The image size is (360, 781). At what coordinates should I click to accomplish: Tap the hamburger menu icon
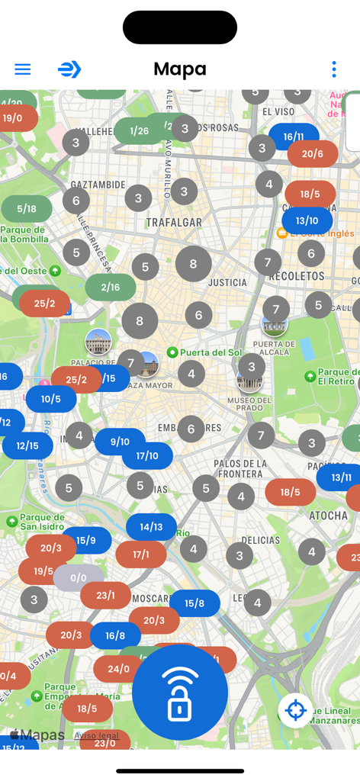pyautogui.click(x=23, y=69)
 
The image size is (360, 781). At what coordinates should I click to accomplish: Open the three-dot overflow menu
pyautogui.click(x=333, y=69)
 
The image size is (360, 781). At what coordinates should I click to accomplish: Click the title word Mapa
pyautogui.click(x=180, y=69)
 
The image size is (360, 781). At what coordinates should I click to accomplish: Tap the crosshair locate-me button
pyautogui.click(x=295, y=710)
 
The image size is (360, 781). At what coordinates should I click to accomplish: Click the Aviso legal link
pyautogui.click(x=97, y=735)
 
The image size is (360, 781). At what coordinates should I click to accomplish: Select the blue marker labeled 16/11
pyautogui.click(x=294, y=137)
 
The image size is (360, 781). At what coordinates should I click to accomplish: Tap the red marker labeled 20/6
pyautogui.click(x=313, y=154)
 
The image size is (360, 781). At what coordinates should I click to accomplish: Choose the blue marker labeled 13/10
pyautogui.click(x=307, y=221)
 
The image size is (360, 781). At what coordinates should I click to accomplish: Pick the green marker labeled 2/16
pyautogui.click(x=111, y=288)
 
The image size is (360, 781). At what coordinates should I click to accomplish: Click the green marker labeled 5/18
pyautogui.click(x=27, y=209)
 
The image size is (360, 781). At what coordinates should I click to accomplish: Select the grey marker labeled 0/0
pyautogui.click(x=79, y=578)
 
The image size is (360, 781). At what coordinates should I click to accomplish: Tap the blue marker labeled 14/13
pyautogui.click(x=151, y=527)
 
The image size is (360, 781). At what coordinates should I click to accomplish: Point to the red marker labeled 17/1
pyautogui.click(x=141, y=554)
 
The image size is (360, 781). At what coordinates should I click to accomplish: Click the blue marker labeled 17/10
pyautogui.click(x=147, y=456)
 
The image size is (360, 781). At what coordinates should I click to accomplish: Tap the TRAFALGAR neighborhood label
pyautogui.click(x=174, y=223)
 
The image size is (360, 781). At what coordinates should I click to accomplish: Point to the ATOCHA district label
pyautogui.click(x=329, y=516)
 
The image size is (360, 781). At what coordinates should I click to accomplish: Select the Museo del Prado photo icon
pyautogui.click(x=249, y=380)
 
